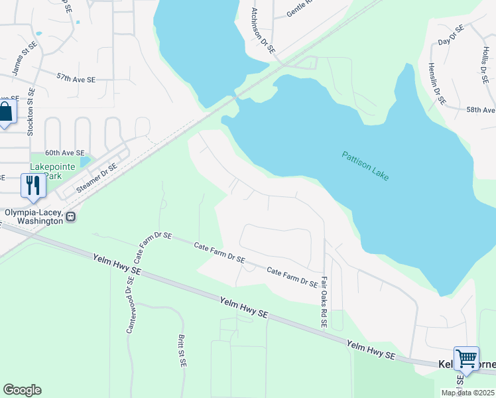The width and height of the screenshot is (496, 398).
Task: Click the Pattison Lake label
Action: pos(365,166)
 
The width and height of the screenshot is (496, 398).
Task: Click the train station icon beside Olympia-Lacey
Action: pos(71,216)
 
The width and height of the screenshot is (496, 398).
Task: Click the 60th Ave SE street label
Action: pos(64,153)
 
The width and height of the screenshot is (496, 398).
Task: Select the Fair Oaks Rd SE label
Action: pos(324,302)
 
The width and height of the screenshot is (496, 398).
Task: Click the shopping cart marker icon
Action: pos(466,359)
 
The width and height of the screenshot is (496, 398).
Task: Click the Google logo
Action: pos(22,390)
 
